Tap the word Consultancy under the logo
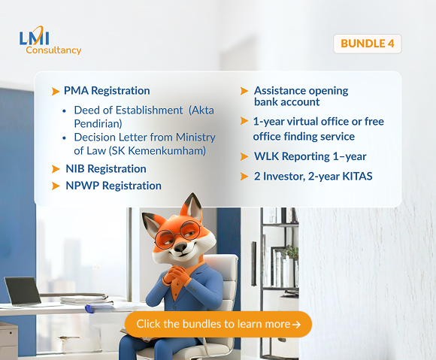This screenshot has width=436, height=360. (x=53, y=50)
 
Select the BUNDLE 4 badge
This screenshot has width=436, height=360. (x=367, y=44)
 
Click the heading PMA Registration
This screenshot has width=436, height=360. (x=107, y=91)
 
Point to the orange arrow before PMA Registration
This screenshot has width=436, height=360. (x=56, y=92)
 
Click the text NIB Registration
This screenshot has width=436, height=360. (x=105, y=168)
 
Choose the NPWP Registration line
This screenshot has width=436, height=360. (x=113, y=185)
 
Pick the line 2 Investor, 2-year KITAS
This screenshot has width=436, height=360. (x=313, y=176)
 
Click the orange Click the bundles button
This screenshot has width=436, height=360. (x=218, y=324)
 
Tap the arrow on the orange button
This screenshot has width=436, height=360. (x=297, y=325)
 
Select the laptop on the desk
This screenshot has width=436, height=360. (x=21, y=292)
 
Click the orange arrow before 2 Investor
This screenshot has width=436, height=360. (x=244, y=177)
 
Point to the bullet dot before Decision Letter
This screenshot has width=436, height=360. (x=66, y=138)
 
